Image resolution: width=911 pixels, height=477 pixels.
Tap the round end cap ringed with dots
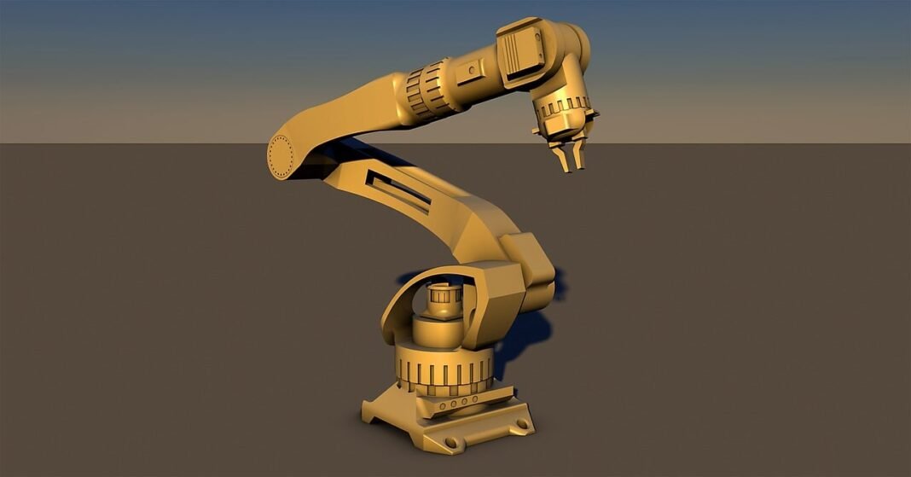point(281,155)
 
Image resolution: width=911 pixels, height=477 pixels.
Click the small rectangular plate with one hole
point(468,74)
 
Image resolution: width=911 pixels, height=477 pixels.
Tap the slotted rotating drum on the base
point(444,372)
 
